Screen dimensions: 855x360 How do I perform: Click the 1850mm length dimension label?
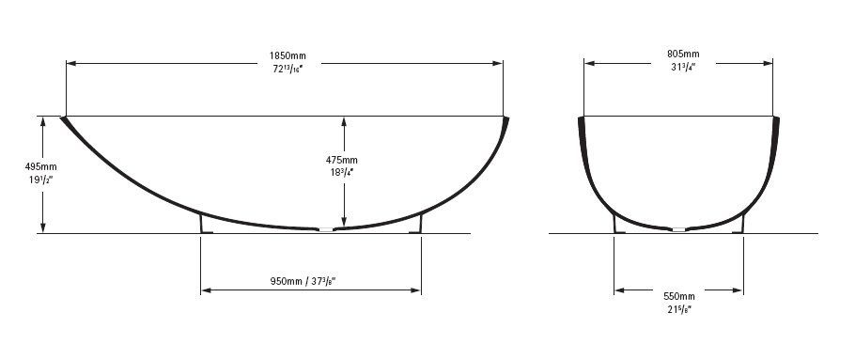(288, 55)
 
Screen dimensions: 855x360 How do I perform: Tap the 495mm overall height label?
(41, 166)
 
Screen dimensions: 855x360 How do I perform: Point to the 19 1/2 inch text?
(41, 178)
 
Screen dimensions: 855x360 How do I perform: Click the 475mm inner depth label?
(342, 160)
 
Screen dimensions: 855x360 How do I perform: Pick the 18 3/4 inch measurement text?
(342, 171)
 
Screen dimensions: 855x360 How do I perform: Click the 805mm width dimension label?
(683, 54)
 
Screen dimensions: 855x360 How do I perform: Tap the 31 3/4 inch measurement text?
(683, 66)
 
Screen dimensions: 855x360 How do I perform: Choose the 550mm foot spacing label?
(679, 297)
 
